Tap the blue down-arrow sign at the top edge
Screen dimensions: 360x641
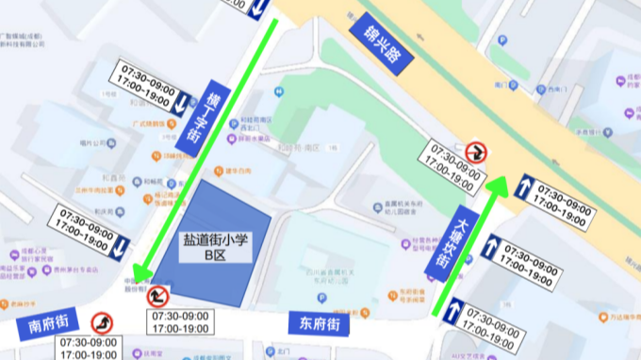[x=259, y=9]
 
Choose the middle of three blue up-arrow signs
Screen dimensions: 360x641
[x=491, y=248]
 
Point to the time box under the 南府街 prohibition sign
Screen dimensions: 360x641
[x=89, y=348]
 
